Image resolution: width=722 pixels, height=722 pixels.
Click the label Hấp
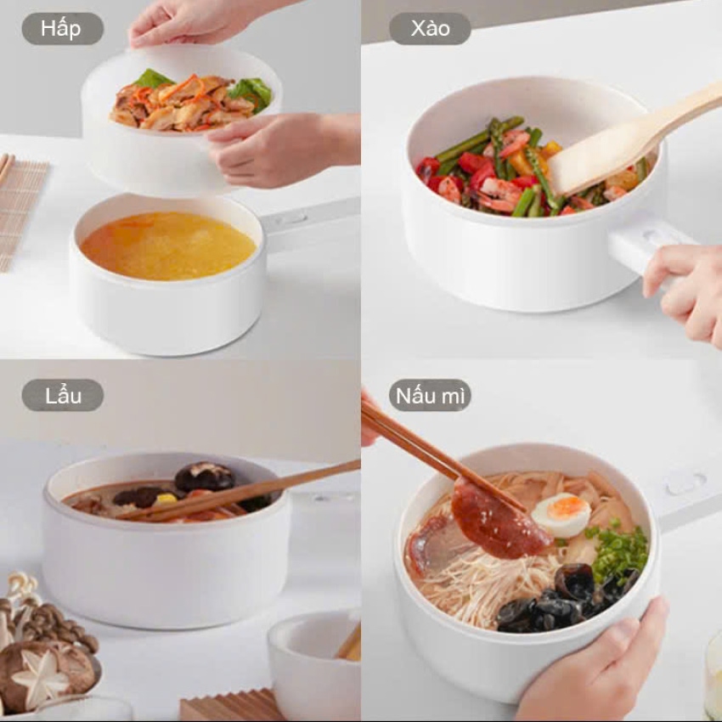tap(60, 29)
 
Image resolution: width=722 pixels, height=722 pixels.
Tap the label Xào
tap(430, 29)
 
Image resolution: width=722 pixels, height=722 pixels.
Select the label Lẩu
tap(63, 396)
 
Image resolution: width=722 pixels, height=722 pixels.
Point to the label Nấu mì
tap(430, 396)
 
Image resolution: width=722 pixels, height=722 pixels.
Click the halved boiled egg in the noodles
tap(561, 515)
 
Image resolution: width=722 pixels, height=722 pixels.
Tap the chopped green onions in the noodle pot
tap(617, 550)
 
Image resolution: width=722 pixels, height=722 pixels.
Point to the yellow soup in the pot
tap(168, 245)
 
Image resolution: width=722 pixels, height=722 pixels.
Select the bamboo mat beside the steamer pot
tap(20, 212)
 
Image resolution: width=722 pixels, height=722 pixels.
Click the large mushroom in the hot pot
tap(205, 477)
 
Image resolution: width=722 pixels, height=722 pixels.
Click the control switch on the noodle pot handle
tap(686, 483)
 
